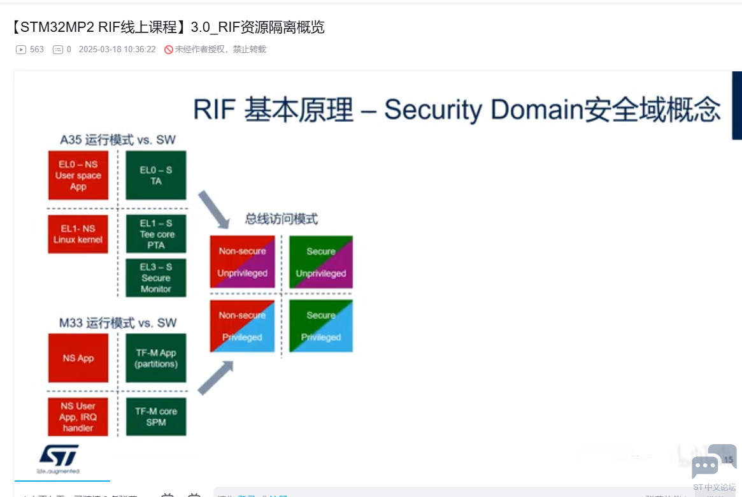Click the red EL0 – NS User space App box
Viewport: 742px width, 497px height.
(x=78, y=175)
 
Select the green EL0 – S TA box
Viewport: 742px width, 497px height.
(x=156, y=175)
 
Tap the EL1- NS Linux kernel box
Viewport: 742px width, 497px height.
(x=78, y=234)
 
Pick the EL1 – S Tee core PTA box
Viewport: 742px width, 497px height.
(x=156, y=234)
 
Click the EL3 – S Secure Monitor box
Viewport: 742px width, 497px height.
(x=156, y=278)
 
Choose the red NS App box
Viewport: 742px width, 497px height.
(x=78, y=358)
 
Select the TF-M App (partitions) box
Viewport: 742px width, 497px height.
(x=156, y=358)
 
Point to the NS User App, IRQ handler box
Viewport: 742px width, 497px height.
(x=78, y=417)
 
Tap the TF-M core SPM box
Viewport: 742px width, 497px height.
(x=156, y=417)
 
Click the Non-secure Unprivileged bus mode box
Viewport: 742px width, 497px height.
(x=243, y=262)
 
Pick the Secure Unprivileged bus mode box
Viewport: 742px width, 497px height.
(x=321, y=262)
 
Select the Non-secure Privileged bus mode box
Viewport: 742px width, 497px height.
(x=243, y=326)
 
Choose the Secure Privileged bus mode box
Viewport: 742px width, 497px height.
(x=321, y=326)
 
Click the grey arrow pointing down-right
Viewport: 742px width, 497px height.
(x=213, y=209)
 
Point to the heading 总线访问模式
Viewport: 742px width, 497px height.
(x=282, y=219)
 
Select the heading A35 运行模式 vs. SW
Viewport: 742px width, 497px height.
(x=118, y=140)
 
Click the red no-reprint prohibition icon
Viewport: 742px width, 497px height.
(x=169, y=50)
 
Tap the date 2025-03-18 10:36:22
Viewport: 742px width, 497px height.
(x=117, y=50)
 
